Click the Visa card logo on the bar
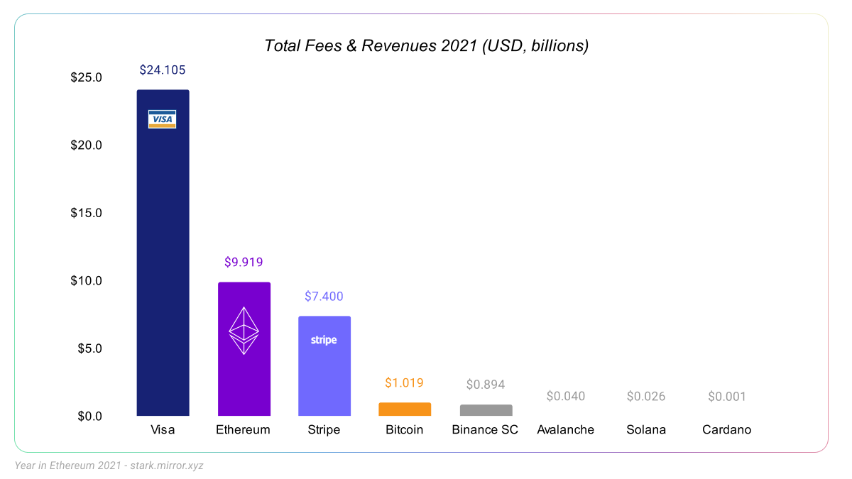click(x=162, y=119)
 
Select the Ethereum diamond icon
click(x=244, y=331)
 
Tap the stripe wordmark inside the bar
click(x=324, y=340)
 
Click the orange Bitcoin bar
click(x=405, y=409)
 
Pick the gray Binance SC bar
click(x=486, y=410)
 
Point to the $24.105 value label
click(x=163, y=70)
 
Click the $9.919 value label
click(x=244, y=262)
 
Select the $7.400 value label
click(x=324, y=296)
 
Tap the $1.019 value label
click(x=404, y=382)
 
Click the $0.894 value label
click(x=486, y=385)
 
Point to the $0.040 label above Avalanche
click(x=566, y=396)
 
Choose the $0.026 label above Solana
click(x=646, y=396)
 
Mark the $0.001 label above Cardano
click(x=727, y=396)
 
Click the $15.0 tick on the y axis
click(x=87, y=213)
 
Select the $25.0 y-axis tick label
click(x=87, y=77)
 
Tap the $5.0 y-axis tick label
click(x=89, y=348)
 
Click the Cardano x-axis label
click(x=726, y=430)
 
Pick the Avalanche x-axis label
click(x=566, y=430)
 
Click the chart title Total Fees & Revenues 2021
click(x=426, y=46)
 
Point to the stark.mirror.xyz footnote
click(x=109, y=466)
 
